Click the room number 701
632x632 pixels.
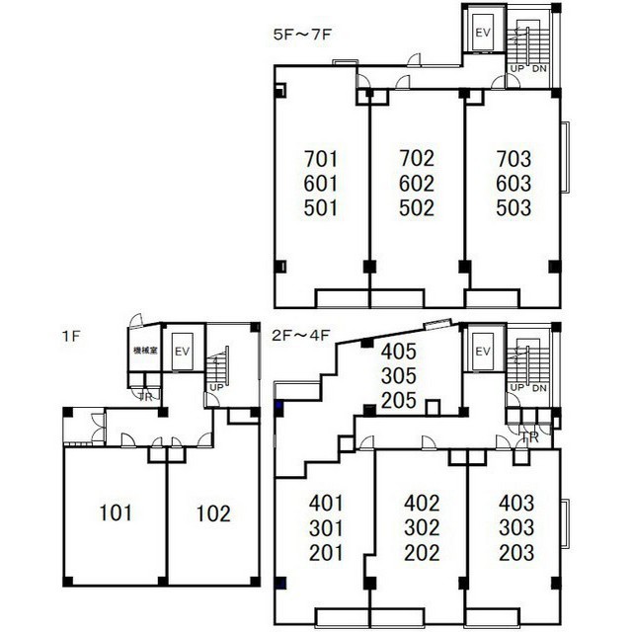321,158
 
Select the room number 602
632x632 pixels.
417,184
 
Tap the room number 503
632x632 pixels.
513,208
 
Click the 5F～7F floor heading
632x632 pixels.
302,34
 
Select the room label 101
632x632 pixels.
117,513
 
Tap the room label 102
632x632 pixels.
212,513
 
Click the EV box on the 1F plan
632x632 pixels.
182,353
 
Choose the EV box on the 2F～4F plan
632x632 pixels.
483,353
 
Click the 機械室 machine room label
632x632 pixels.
144,351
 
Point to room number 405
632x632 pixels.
399,351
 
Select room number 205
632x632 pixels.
399,401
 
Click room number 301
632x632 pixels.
325,527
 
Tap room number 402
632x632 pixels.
422,503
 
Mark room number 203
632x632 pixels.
514,552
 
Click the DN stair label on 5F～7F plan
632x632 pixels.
539,68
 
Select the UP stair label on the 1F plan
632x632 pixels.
214,387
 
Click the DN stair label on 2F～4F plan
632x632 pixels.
539,387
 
